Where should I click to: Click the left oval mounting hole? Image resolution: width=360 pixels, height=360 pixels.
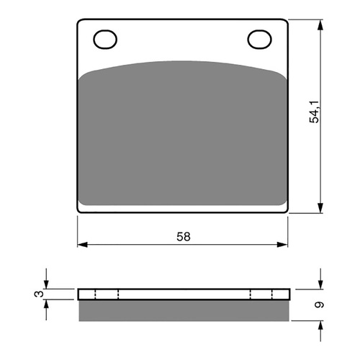coord(105,38)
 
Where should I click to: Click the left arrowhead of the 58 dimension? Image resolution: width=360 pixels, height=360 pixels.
coord(81,245)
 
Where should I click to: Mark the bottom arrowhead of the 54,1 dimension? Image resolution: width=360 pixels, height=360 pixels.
coord(319,210)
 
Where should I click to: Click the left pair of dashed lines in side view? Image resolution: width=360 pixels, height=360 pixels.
coord(107,294)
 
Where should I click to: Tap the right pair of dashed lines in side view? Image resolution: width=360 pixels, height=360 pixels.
coord(261,294)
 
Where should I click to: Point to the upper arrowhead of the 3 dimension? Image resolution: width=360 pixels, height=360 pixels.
coord(47,284)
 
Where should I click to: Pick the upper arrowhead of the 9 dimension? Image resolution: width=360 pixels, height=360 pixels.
coord(319,284)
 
